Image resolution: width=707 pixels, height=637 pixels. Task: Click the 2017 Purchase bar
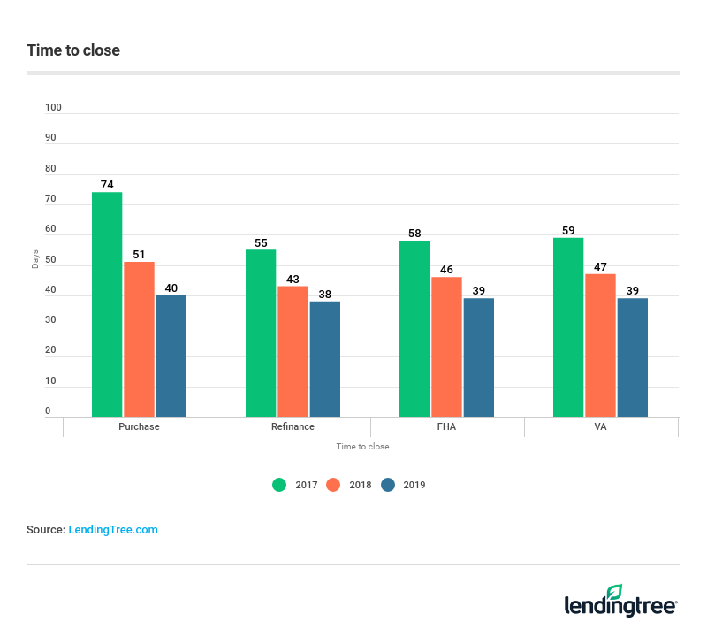107,304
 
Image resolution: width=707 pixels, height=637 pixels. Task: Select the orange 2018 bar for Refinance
293,351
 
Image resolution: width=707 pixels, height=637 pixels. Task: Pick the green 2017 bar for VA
568,327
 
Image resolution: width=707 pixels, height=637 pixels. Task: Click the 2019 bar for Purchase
171,356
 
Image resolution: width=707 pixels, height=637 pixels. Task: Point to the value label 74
107,185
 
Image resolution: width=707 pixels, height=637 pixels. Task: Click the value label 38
324,294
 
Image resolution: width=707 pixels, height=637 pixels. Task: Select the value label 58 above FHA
414,234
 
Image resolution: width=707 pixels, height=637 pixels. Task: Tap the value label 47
600,266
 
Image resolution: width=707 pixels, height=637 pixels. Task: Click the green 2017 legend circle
279,485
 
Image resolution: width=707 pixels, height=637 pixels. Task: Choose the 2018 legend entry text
360,485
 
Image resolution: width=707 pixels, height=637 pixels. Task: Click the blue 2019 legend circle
388,485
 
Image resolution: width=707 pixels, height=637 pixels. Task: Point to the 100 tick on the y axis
54,108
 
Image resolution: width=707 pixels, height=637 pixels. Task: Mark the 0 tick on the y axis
49,411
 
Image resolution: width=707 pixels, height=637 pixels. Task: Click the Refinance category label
293,426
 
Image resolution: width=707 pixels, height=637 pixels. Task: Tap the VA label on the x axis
601,426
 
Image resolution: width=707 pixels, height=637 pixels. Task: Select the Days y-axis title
35,259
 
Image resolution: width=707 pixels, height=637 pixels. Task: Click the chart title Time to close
73,50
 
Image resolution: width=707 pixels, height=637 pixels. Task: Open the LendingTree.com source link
113,530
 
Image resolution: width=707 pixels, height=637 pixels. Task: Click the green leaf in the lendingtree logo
614,592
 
